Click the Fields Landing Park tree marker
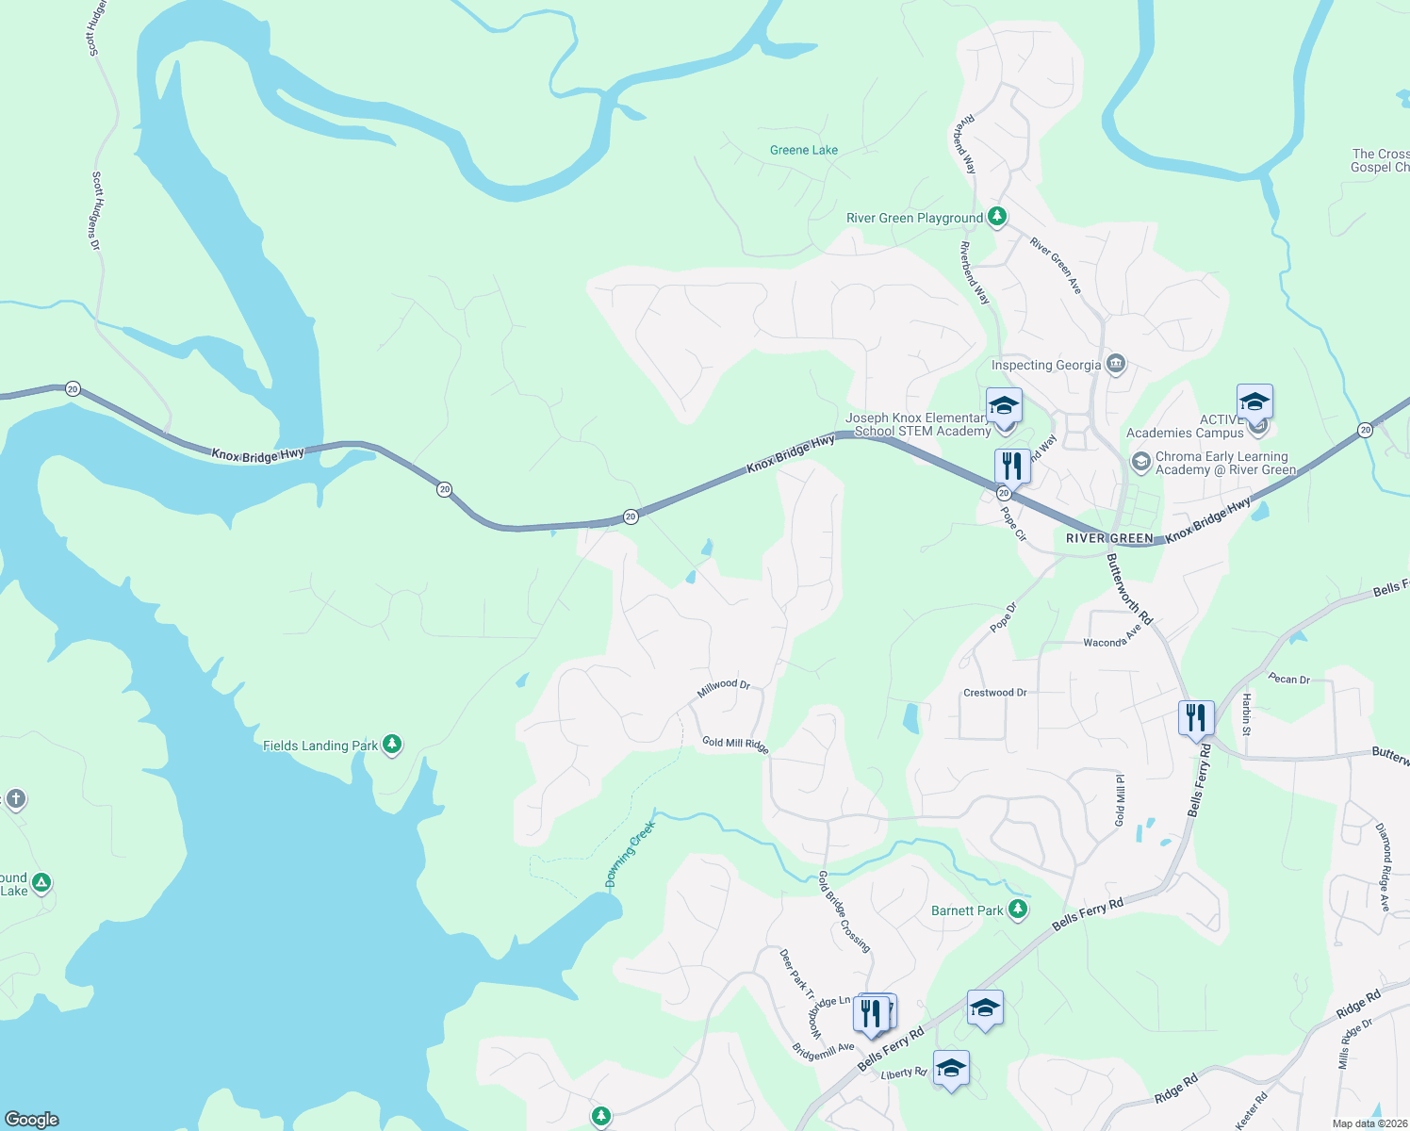pos(392,745)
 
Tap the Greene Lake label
pos(803,150)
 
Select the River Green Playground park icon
pos(996,217)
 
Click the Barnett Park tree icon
pos(1017,909)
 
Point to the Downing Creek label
pos(630,855)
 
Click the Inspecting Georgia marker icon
pos(1116,364)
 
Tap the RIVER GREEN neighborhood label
pos(1109,538)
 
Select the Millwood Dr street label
pos(723,688)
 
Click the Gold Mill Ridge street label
pos(735,744)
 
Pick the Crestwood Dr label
pos(994,693)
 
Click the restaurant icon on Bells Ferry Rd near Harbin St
pos(1195,718)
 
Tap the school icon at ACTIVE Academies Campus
pos(1254,403)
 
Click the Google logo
pos(31,1119)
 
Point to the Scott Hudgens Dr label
pos(96,209)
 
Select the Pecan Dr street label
pos(1288,679)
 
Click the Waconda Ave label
pos(1112,638)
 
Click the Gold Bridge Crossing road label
pos(844,910)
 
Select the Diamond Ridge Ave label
pos(1383,867)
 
